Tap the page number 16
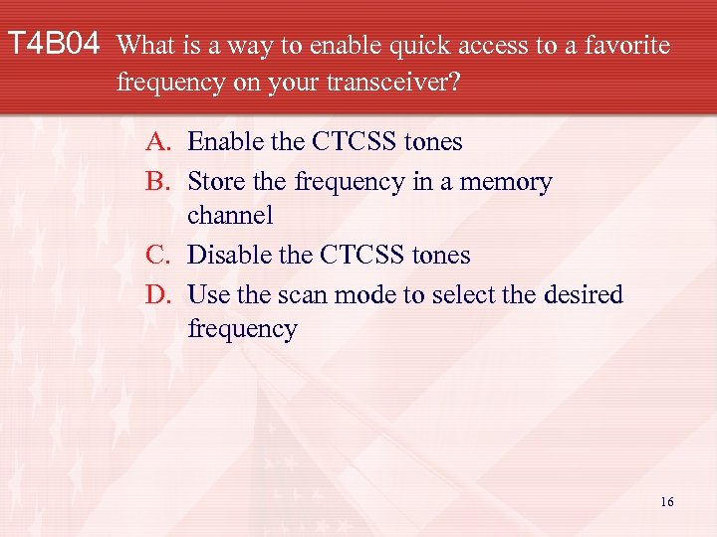tap(667, 502)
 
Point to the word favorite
tap(623, 45)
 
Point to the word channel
tap(230, 215)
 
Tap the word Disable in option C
tap(228, 256)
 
